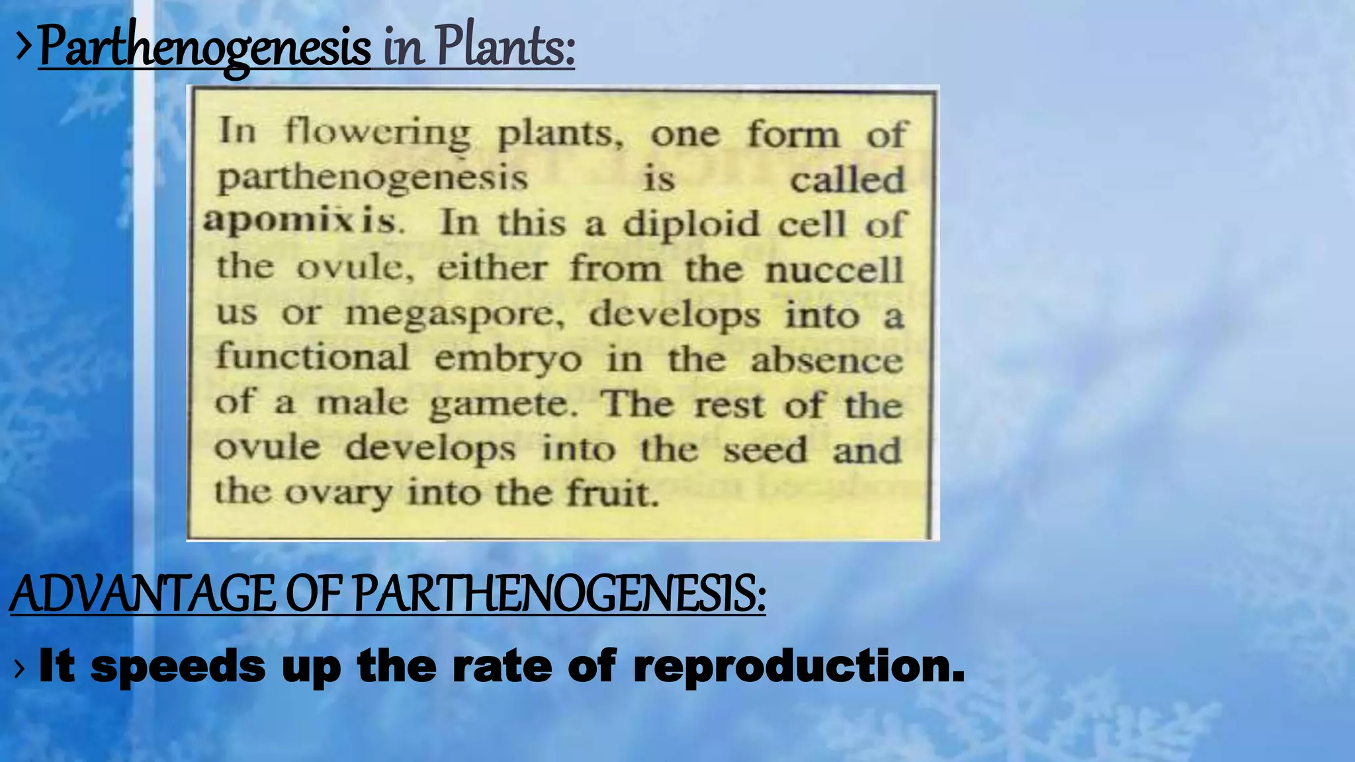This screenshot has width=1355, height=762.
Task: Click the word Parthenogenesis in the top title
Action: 204,48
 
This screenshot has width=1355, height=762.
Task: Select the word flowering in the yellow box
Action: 378,133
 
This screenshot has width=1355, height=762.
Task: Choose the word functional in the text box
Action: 312,357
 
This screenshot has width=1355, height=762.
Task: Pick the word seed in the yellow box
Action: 765,450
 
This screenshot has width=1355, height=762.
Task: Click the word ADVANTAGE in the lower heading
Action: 142,594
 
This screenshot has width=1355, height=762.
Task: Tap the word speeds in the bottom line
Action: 178,667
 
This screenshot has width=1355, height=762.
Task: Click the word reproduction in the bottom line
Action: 799,667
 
